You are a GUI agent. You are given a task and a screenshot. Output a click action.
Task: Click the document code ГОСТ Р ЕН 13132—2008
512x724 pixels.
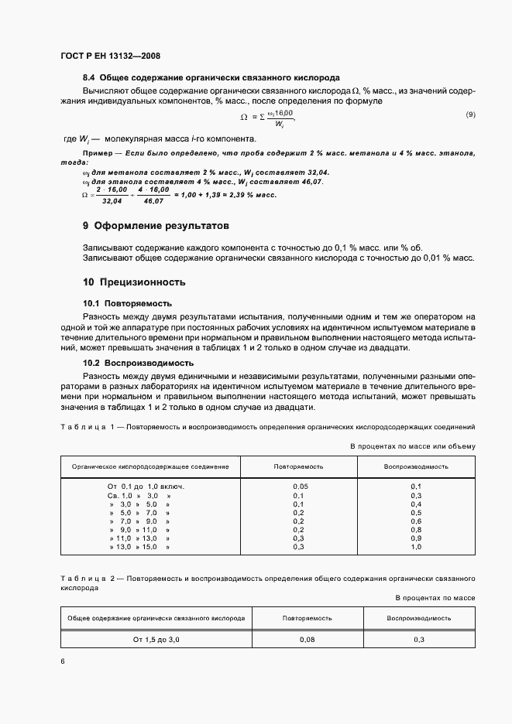tap(111, 56)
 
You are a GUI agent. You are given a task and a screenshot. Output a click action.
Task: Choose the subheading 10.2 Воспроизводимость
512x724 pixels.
tap(138, 362)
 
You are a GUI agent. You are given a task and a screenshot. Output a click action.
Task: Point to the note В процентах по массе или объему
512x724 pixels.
tap(413, 446)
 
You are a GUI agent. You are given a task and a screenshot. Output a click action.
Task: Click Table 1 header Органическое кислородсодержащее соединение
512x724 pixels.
tap(150, 467)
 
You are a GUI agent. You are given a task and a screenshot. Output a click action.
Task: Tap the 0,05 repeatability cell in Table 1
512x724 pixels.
tap(299, 486)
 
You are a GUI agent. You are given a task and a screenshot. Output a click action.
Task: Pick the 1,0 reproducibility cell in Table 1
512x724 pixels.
tap(416, 547)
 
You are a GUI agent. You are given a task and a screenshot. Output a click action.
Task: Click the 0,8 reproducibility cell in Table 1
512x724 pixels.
tap(416, 529)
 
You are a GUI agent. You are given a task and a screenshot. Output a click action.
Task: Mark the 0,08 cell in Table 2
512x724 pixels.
tap(308, 640)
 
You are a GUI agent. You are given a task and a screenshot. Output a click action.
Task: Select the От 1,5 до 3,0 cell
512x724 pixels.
tap(156, 640)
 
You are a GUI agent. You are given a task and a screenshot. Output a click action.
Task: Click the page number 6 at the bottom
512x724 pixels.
tap(62, 661)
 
